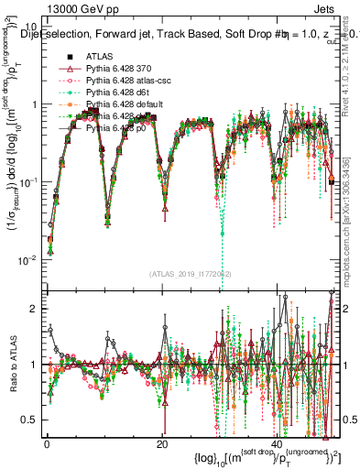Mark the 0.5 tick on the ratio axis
point(32,420)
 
